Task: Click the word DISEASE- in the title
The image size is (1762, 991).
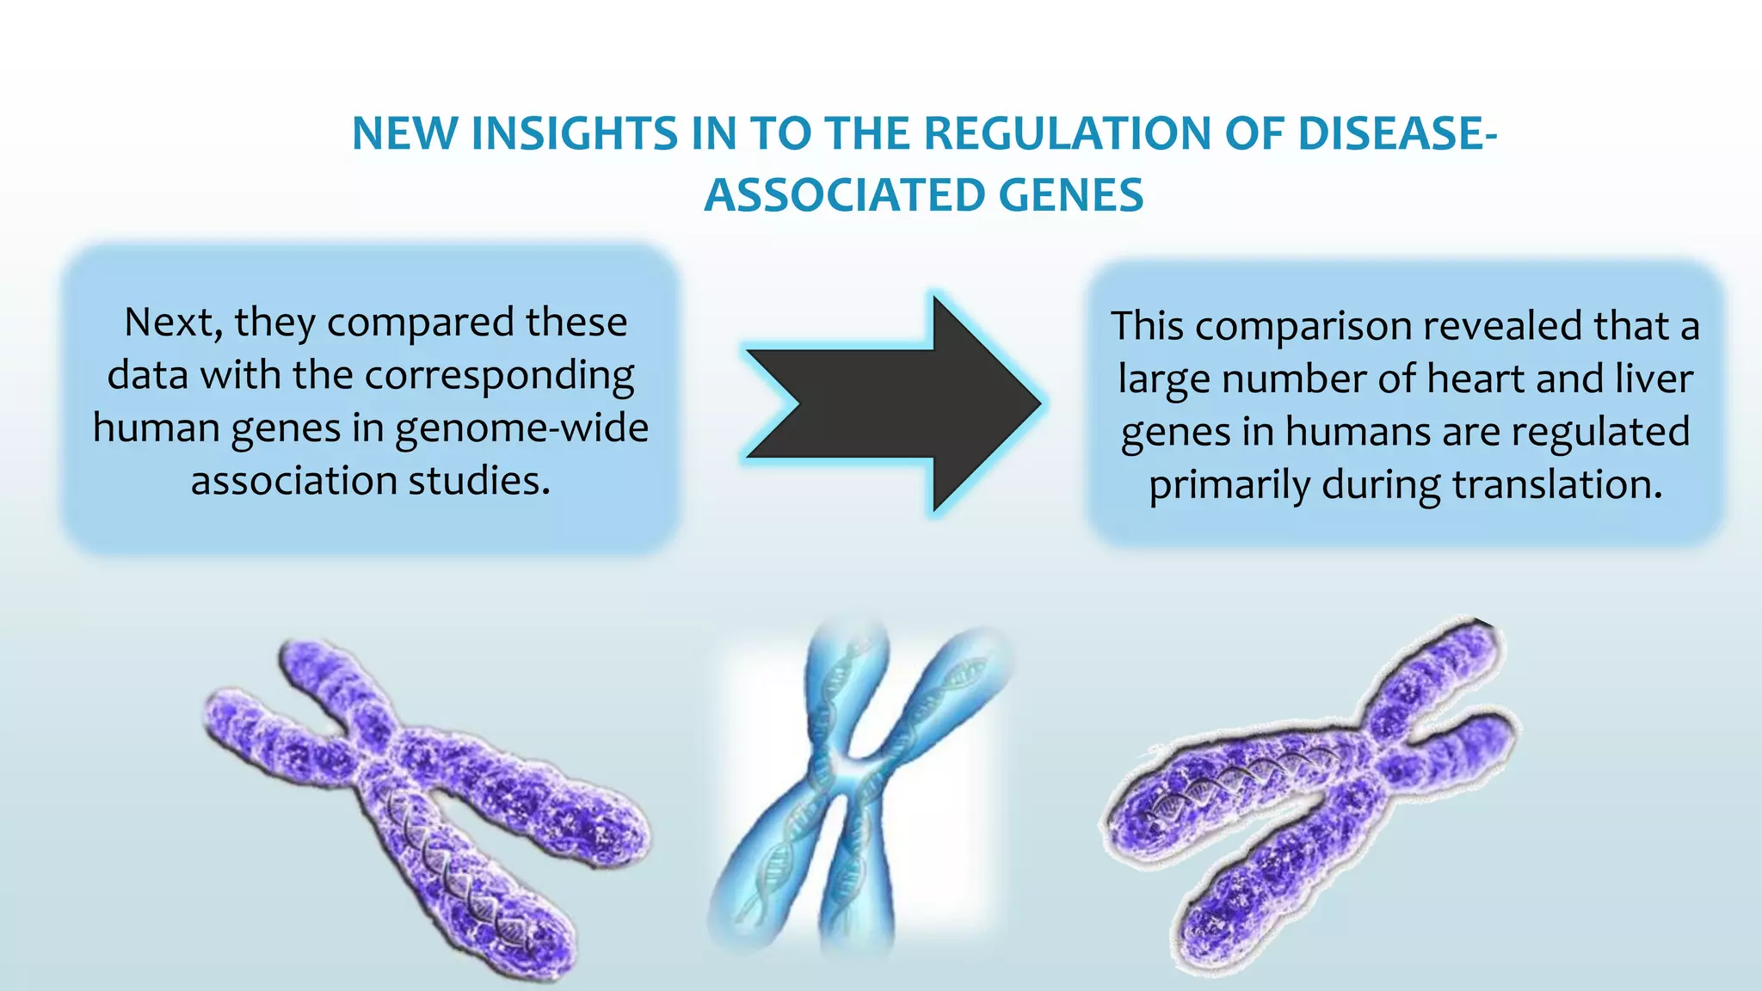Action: pos(1396,134)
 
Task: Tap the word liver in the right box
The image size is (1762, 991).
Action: pos(1654,379)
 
